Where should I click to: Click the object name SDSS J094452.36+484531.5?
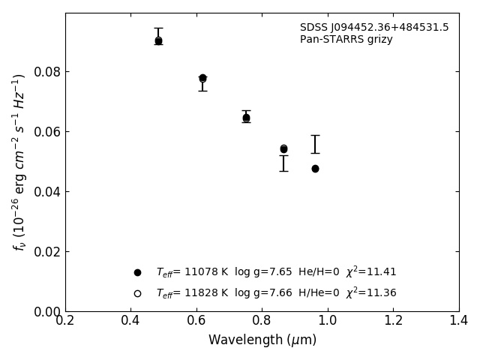coord(374,28)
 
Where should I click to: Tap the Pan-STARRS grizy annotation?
coord(346,40)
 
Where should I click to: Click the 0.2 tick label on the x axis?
coord(65,321)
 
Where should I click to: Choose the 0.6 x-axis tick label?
coord(196,321)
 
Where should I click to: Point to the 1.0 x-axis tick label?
coord(328,321)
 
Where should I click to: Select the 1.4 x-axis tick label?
coord(459,321)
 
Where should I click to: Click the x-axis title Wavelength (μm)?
coord(262,340)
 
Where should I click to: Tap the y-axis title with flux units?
coord(19,162)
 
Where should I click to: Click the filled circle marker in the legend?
coord(137,272)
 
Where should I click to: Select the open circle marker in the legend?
coord(137,293)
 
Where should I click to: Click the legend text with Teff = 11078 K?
coord(276,272)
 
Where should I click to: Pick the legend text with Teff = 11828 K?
coord(276,293)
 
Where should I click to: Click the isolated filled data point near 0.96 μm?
coord(315,169)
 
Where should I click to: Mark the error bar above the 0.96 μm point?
coord(315,144)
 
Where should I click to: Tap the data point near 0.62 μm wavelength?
coord(202,78)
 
